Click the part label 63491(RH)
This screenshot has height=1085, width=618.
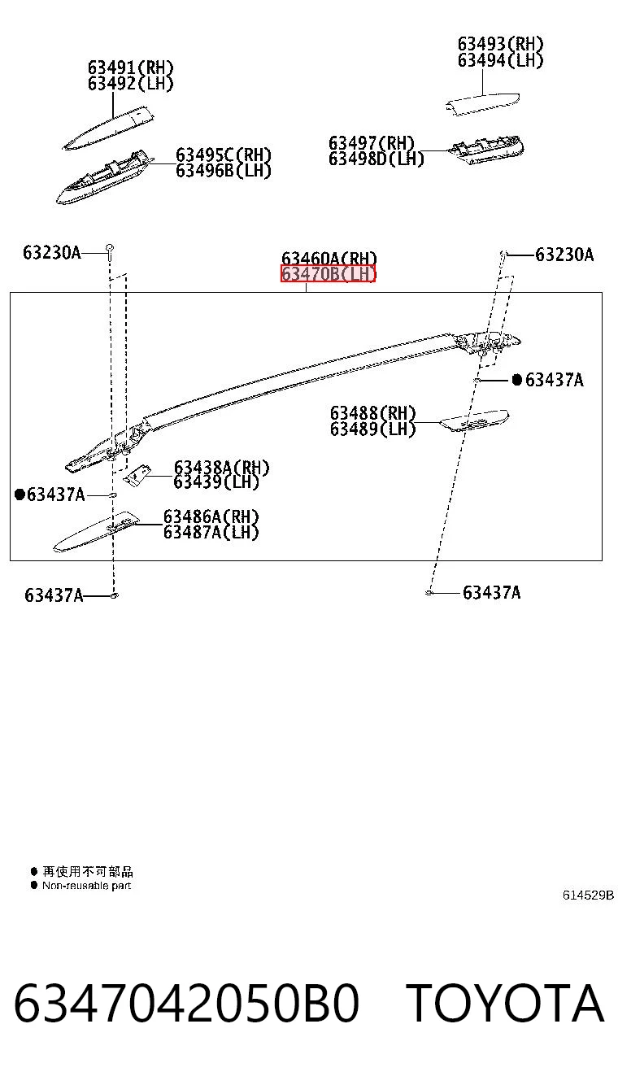tap(130, 68)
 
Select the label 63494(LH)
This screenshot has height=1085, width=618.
tap(501, 60)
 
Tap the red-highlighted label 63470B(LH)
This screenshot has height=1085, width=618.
tap(329, 274)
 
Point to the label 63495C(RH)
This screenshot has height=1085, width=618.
tap(224, 155)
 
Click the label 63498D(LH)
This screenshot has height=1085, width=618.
tap(376, 159)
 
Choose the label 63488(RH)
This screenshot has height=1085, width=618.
tap(373, 413)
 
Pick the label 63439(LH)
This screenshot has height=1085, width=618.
tap(216, 482)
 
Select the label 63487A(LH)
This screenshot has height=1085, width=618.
tap(211, 532)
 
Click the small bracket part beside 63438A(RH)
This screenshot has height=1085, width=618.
tap(137, 475)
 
